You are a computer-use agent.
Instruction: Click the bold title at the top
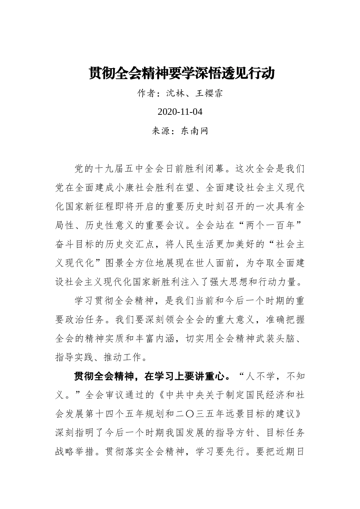point(182,73)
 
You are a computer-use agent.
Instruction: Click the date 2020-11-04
point(180,112)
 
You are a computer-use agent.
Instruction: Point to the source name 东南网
point(194,131)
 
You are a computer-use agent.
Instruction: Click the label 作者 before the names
point(147,93)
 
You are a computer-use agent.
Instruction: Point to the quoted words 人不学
point(260,376)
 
